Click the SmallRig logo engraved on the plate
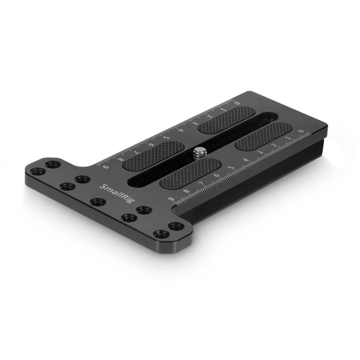pyautogui.click(x=117, y=193)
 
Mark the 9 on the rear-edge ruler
pyautogui.click(x=106, y=166)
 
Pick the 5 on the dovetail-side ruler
pyautogui.click(x=231, y=167)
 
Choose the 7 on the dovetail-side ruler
pyautogui.click(x=202, y=182)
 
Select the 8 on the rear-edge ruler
pyautogui.click(x=121, y=158)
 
